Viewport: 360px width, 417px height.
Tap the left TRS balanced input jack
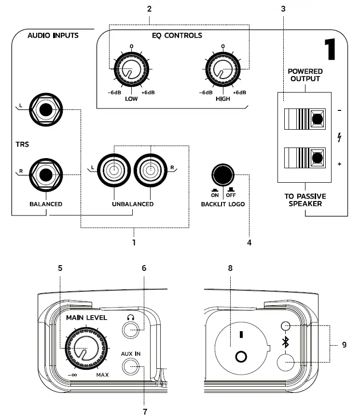pos(45,110)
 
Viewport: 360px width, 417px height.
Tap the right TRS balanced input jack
pos(45,174)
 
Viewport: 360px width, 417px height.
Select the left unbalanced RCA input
pos(113,170)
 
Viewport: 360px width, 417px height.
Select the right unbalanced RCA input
pos(150,170)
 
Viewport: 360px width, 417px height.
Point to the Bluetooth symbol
pos(286,343)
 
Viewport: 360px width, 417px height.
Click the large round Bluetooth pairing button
pos(286,362)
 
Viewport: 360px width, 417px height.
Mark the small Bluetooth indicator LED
pos(286,326)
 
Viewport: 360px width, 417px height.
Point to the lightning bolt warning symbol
pos(340,137)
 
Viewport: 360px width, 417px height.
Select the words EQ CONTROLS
pos(177,35)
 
